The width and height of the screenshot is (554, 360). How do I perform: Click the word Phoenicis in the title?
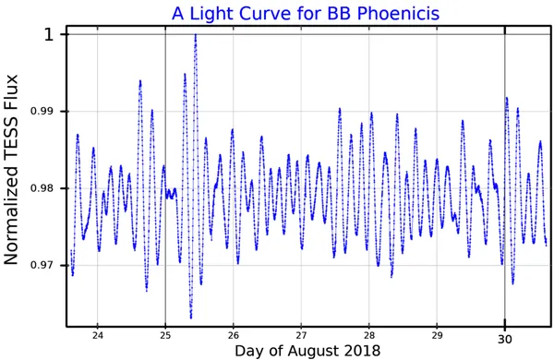pos(399,14)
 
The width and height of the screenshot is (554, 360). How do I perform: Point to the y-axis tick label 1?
pos(49,35)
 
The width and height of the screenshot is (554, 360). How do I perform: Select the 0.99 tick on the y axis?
pos(41,112)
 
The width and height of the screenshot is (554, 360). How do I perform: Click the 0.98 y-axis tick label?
pos(41,188)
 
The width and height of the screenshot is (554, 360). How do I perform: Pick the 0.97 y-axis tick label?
pos(41,265)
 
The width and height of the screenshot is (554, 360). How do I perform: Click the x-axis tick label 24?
pos(98,335)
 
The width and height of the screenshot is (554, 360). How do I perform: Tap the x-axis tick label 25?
pos(165,335)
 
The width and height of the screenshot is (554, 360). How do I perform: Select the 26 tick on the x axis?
pos(234,335)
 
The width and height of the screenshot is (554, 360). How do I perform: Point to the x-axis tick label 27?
pos(301,335)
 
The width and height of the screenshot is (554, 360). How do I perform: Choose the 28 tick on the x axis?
pos(368,335)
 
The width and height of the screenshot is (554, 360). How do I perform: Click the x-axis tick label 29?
pos(437,335)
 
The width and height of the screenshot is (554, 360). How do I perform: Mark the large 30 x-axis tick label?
pos(505,339)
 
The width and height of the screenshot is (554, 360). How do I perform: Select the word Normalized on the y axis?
pos(10,220)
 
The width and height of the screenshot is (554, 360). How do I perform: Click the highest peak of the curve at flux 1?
pos(196,35)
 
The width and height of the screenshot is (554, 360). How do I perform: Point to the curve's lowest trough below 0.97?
pos(191,318)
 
